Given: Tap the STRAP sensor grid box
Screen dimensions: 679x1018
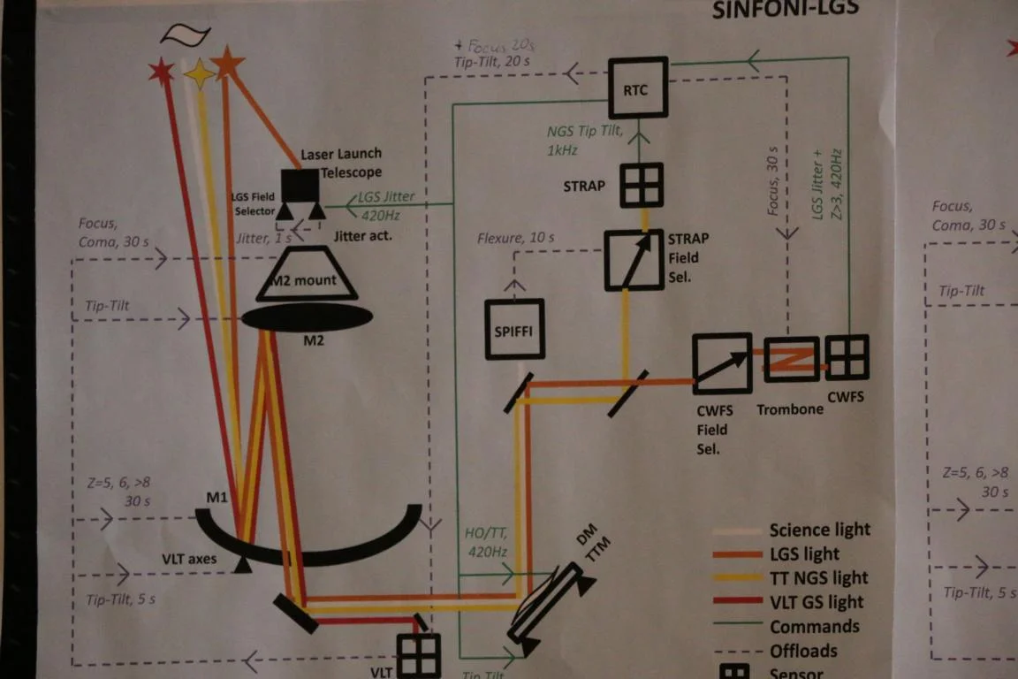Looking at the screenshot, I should pos(641,185).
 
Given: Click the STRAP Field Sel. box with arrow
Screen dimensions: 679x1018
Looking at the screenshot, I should pos(634,260).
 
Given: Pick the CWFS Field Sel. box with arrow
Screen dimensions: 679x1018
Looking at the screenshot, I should pos(721,362).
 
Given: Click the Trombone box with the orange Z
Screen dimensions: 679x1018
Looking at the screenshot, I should pos(791,359).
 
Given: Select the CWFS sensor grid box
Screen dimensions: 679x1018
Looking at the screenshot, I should pos(847,357).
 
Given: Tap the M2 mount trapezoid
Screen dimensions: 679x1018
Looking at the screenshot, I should pos(307,274).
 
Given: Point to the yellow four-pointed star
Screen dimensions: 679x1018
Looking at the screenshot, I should pos(199,74).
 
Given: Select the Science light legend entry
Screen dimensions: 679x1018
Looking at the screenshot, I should pos(818,530).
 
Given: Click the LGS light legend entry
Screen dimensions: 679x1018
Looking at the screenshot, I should pos(803,554).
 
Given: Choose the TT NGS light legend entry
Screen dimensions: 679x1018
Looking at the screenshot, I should pos(818,578).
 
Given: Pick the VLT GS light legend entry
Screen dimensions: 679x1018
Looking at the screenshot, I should pos(815,602).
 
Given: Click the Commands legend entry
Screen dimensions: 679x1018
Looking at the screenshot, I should pos(813,626).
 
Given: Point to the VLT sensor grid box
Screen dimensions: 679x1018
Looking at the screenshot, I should pos(418,657).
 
